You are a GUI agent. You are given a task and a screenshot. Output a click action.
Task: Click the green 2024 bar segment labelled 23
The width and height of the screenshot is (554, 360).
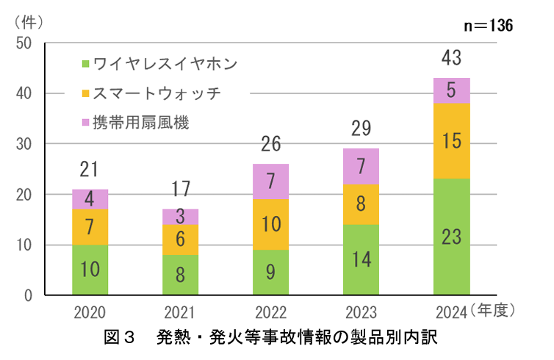452,237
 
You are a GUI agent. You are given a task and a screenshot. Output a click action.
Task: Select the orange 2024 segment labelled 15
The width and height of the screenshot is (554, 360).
452,141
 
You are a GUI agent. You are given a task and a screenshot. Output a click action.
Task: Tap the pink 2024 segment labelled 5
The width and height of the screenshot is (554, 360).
452,90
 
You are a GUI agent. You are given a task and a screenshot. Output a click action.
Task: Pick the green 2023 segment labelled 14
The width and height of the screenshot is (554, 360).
361,259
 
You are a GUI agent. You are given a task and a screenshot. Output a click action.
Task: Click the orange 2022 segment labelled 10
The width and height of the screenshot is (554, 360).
270,224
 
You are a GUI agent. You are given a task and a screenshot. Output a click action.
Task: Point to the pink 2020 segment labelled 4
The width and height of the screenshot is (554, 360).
90,199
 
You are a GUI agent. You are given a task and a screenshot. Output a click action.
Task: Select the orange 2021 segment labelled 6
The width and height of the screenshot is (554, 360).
180,240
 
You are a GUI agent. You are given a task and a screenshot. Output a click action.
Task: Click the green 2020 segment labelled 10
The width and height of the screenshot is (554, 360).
90,270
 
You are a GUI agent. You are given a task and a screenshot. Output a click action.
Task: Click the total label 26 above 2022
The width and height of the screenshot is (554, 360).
270,145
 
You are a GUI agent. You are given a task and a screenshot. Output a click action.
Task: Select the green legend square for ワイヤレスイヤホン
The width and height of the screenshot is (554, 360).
86,63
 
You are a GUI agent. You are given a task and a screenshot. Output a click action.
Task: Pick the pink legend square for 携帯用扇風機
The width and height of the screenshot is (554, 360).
86,122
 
